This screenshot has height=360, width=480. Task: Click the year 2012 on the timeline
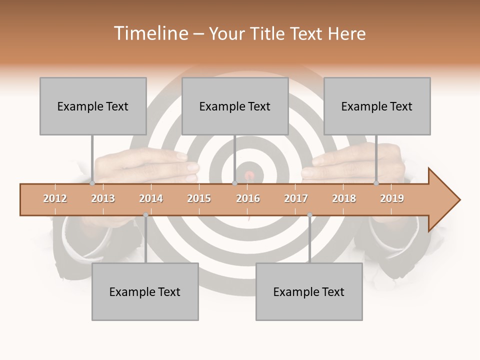pyautogui.click(x=55, y=198)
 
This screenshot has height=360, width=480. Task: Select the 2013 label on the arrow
pyautogui.click(x=103, y=198)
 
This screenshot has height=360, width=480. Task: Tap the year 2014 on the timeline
pyautogui.click(x=151, y=198)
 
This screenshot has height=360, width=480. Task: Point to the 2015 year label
pyautogui.click(x=199, y=198)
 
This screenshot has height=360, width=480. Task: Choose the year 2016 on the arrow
pyautogui.click(x=248, y=198)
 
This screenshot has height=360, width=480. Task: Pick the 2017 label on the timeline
pyautogui.click(x=296, y=198)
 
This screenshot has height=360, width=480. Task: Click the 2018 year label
pyautogui.click(x=344, y=198)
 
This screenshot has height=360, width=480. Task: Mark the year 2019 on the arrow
pyautogui.click(x=392, y=198)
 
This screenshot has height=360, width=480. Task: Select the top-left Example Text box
pyautogui.click(x=93, y=106)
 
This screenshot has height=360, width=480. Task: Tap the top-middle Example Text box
pyautogui.click(x=235, y=106)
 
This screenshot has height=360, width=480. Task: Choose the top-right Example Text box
pyautogui.click(x=377, y=106)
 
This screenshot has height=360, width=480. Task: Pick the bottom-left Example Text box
pyautogui.click(x=145, y=291)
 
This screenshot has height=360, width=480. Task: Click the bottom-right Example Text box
pyautogui.click(x=309, y=291)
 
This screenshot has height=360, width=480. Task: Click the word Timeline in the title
pyautogui.click(x=150, y=33)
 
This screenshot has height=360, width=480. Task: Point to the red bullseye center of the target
pyautogui.click(x=249, y=175)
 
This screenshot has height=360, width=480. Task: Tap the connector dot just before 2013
pyautogui.click(x=92, y=183)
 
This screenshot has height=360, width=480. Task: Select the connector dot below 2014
pyautogui.click(x=145, y=215)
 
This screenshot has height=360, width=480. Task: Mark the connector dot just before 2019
pyautogui.click(x=376, y=183)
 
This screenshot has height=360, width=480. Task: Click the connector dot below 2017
pyautogui.click(x=309, y=215)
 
